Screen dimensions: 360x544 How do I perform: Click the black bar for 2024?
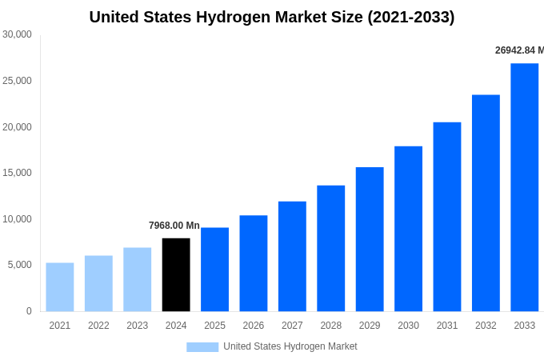(176, 274)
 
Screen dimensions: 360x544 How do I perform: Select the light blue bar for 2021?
(60, 286)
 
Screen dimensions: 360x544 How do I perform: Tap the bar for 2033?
(524, 187)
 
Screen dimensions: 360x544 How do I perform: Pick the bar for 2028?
(330, 248)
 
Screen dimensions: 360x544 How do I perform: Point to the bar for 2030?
(408, 229)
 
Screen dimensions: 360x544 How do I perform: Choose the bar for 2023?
(137, 279)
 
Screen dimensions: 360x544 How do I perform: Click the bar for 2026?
(254, 263)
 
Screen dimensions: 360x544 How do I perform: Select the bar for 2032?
(486, 203)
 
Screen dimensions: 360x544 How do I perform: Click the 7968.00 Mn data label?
(174, 226)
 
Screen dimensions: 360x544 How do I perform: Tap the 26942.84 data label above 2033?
(518, 50)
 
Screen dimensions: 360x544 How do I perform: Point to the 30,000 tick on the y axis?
(17, 34)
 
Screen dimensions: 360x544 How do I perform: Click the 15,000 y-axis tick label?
(17, 173)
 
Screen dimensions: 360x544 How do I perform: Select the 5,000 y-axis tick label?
(19, 265)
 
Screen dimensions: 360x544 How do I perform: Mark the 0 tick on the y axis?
(29, 311)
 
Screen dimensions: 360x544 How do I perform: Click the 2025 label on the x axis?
(214, 326)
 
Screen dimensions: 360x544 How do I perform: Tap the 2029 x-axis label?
(370, 326)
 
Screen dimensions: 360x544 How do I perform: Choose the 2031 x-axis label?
(447, 326)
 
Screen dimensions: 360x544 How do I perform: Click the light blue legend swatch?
(202, 346)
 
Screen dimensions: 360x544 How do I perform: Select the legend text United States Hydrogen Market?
(290, 346)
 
